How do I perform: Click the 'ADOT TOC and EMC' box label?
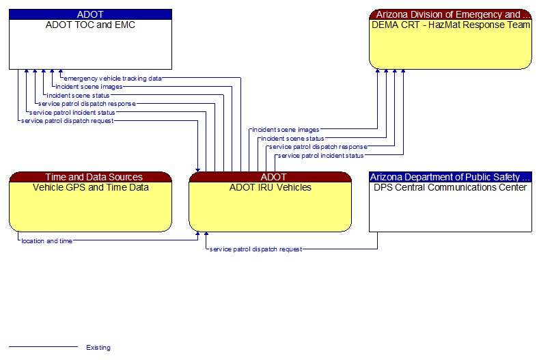pos(90,25)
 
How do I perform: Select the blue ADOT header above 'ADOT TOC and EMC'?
pos(90,14)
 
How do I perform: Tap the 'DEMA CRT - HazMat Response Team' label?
pos(450,25)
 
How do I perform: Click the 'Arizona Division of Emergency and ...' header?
pos(450,14)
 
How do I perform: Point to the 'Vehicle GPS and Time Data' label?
pos(90,187)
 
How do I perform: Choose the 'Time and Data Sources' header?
pos(90,177)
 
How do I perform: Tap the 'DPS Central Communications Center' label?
pos(450,187)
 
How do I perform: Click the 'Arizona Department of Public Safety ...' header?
pos(450,177)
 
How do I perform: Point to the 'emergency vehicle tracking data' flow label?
pos(113,79)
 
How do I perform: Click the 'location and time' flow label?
pos(46,241)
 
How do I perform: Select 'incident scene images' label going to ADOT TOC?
pos(89,87)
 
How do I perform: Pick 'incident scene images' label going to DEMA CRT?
pos(285,129)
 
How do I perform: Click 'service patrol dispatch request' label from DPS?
pos(255,249)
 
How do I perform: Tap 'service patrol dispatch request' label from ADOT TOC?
pos(67,121)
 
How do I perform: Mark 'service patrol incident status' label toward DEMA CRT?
pos(320,156)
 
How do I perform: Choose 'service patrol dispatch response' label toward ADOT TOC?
pos(87,104)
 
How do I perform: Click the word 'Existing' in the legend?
pos(98,348)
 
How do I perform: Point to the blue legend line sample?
pos(42,347)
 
